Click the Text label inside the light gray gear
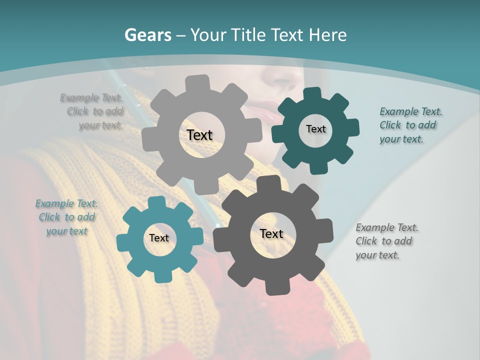pyautogui.click(x=199, y=135)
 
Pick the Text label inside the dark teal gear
pyautogui.click(x=315, y=129)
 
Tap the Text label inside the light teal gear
pyautogui.click(x=159, y=238)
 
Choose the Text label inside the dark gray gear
pyautogui.click(x=271, y=234)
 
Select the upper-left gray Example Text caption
pyautogui.click(x=92, y=111)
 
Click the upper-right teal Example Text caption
pyautogui.click(x=410, y=125)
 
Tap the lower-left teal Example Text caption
pyautogui.click(x=66, y=217)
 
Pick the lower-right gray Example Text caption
pyautogui.click(x=386, y=241)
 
